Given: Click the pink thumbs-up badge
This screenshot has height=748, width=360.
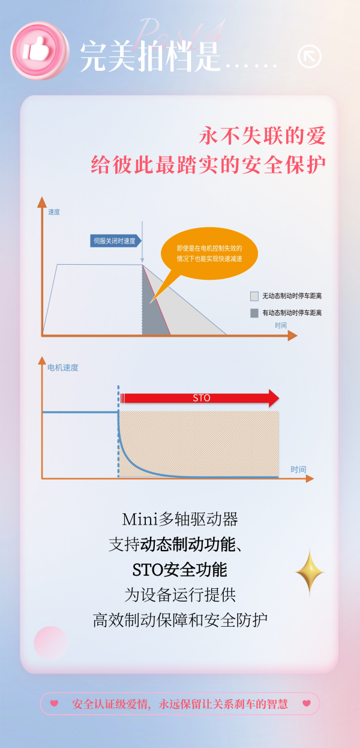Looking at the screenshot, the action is pos(40,51).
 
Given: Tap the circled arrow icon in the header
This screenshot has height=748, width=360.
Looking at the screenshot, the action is pos(309,56).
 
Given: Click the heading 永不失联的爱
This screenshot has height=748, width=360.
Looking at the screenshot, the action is pos(262,136).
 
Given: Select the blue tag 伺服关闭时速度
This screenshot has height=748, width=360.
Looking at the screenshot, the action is pos(115,241).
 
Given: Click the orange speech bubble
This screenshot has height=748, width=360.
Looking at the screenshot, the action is pos(209,253).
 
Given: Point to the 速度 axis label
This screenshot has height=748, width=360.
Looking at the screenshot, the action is pos(54,212).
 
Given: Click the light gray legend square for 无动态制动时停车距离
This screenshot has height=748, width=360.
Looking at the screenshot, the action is pos(254,296).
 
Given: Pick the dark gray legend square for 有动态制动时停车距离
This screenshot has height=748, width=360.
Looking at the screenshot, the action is pos(254,313).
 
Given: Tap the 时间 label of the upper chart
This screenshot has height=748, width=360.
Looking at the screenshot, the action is pos(281,325).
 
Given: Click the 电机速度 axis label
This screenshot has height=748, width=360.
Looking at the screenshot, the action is pos(63,367).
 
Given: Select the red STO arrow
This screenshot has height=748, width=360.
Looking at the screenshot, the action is pos(200,398).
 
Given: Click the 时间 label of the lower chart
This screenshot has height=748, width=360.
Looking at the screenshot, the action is pos(298,469).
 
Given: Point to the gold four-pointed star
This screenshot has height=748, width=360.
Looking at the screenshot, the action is pos(310,572).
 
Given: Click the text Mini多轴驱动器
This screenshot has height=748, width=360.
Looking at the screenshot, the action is pos(180,519).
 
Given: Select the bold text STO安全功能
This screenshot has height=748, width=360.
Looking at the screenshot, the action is pos(180,570).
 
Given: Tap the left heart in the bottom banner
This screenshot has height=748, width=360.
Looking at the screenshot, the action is pos(54,703).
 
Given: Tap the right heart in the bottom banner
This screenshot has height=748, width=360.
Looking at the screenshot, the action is pos(307,703).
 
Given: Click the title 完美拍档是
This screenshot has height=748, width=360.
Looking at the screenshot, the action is pos(151,56).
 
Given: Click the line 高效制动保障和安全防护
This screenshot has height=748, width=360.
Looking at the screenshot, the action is pos(180,620).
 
